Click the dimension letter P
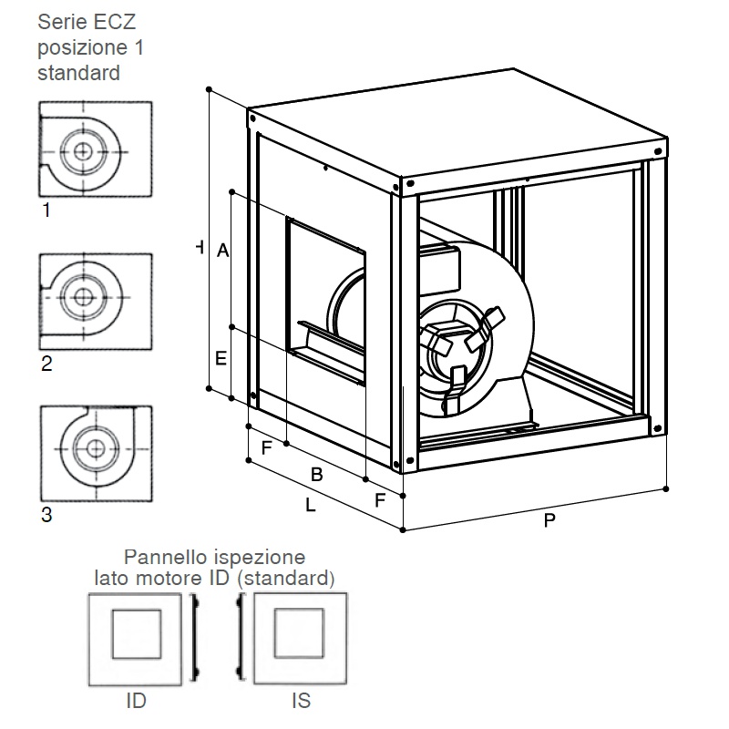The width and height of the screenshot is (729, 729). click(549, 520)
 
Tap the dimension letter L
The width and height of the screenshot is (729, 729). click(311, 505)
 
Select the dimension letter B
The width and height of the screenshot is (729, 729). click(316, 475)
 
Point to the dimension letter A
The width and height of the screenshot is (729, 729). click(222, 251)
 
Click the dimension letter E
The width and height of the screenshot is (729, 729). click(221, 358)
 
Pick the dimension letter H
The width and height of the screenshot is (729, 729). click(200, 247)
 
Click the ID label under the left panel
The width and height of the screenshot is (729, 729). click(136, 701)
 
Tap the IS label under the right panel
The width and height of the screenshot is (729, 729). click(302, 701)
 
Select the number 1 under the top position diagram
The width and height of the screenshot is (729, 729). click(46, 210)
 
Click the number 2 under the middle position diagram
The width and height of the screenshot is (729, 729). click(46, 364)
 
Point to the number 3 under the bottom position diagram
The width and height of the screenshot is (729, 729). click(46, 515)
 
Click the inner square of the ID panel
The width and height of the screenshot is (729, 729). click(136, 610)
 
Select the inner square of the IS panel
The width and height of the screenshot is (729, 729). click(299, 609)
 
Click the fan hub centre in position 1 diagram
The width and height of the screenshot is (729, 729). click(83, 151)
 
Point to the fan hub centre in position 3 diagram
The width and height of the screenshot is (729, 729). click(96, 449)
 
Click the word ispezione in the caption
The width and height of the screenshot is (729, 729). click(258, 558)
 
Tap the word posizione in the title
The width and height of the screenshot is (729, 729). click(83, 48)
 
